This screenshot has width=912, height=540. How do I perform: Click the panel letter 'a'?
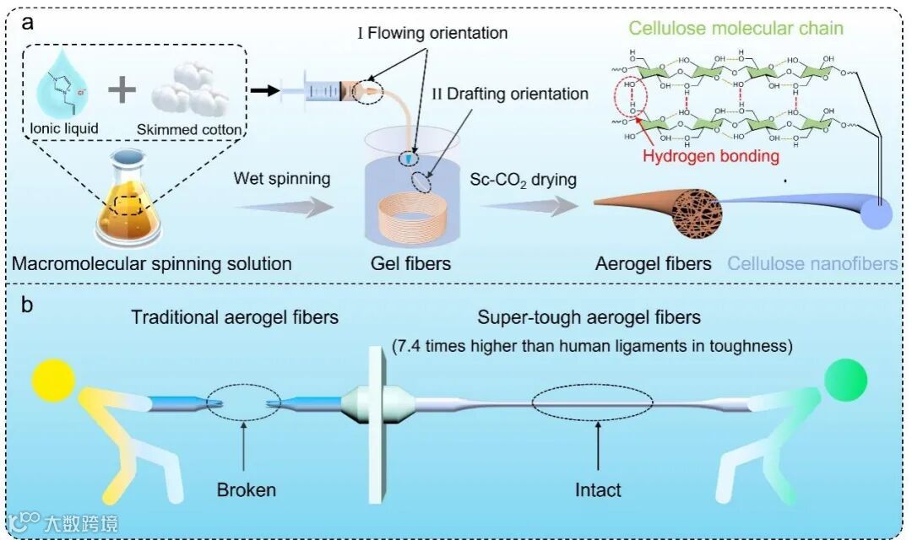(28, 23)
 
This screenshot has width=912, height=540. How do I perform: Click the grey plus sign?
(125, 89)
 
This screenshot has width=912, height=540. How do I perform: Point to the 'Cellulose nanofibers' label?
(812, 264)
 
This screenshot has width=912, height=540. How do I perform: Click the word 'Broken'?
(246, 489)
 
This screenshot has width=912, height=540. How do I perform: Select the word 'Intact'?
(598, 489)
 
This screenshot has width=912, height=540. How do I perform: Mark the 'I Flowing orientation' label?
(433, 34)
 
